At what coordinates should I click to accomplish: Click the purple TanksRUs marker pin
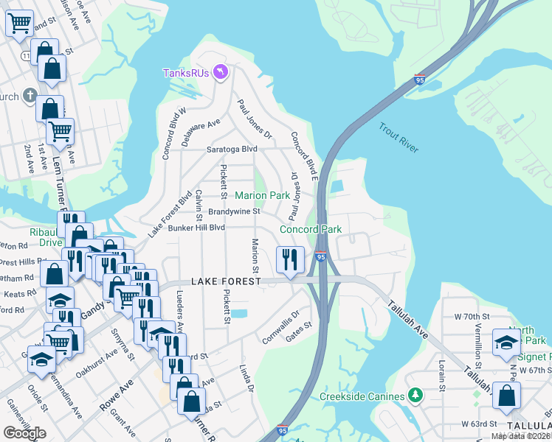pos(220,71)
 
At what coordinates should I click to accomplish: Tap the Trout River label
pos(399,138)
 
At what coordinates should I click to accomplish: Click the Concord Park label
pos(310,229)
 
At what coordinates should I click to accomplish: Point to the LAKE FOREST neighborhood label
pos(225,282)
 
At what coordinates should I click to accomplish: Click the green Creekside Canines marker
pos(414,396)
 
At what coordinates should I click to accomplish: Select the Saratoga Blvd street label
pos(232,149)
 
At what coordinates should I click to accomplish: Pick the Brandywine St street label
pos(235,211)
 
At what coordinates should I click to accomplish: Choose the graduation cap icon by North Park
pos(506,342)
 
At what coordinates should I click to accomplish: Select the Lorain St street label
pos(441,376)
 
